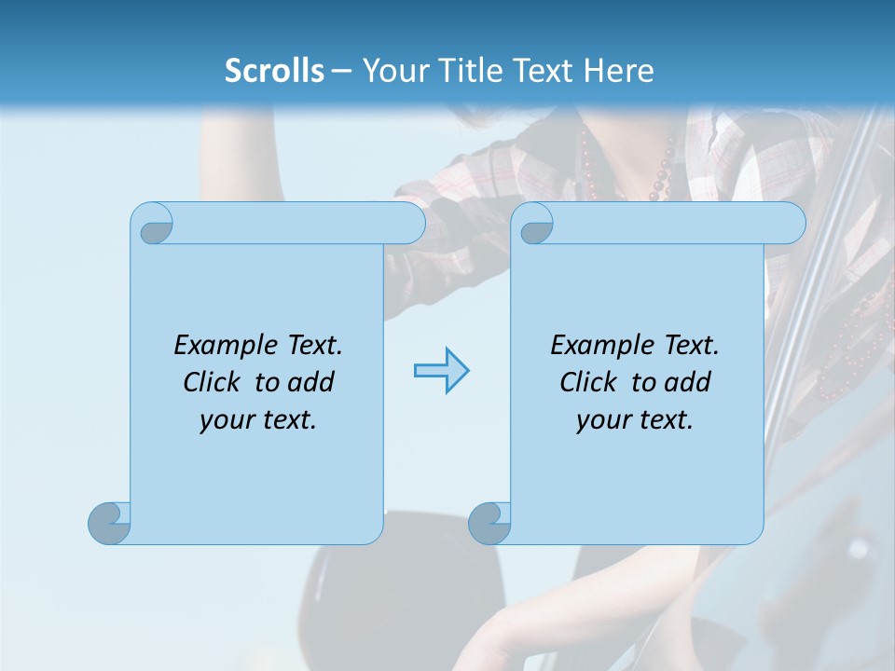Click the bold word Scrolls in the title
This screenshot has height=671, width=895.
[274, 71]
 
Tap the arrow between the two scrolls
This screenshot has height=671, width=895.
[441, 371]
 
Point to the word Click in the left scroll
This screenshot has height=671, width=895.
[215, 383]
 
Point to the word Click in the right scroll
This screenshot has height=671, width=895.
[592, 383]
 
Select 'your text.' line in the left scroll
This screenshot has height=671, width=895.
[258, 420]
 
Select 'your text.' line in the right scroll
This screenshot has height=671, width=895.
[635, 420]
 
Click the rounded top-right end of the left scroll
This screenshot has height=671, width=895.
[408, 223]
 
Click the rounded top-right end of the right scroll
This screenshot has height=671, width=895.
[789, 223]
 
